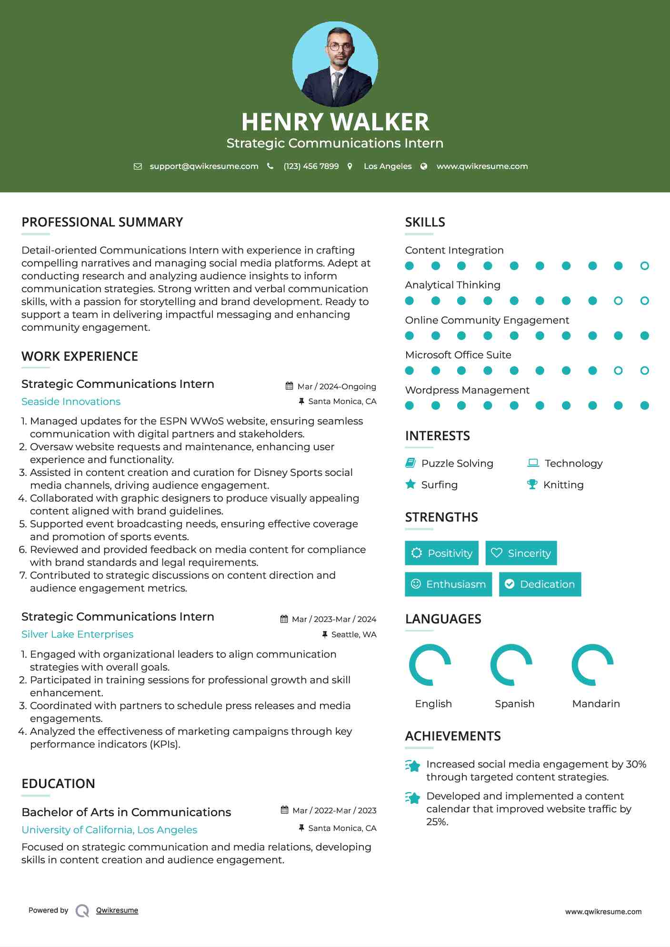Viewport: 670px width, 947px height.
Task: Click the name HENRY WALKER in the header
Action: (x=335, y=122)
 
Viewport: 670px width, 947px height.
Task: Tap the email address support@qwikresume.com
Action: (x=204, y=166)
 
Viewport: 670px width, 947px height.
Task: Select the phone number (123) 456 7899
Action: (x=311, y=166)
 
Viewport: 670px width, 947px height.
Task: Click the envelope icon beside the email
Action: (x=138, y=166)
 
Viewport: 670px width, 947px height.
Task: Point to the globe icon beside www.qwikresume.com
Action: (x=424, y=166)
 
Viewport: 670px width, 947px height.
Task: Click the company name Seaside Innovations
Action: (x=71, y=402)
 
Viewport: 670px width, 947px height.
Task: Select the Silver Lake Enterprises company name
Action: (x=77, y=634)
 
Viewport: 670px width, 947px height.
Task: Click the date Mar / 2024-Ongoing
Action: (x=336, y=386)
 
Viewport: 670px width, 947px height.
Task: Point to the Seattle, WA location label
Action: (x=353, y=634)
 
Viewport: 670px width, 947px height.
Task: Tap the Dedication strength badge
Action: (x=540, y=584)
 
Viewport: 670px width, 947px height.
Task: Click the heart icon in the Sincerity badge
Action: (x=497, y=552)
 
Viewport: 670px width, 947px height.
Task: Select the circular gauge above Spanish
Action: (x=511, y=664)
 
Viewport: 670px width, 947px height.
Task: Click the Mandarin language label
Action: (x=596, y=703)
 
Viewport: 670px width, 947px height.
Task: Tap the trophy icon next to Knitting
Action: (x=532, y=484)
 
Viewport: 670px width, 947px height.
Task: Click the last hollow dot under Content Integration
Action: (x=644, y=266)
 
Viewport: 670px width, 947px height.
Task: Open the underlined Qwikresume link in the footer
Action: (x=117, y=910)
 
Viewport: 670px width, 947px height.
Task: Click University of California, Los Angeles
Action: (x=109, y=830)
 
